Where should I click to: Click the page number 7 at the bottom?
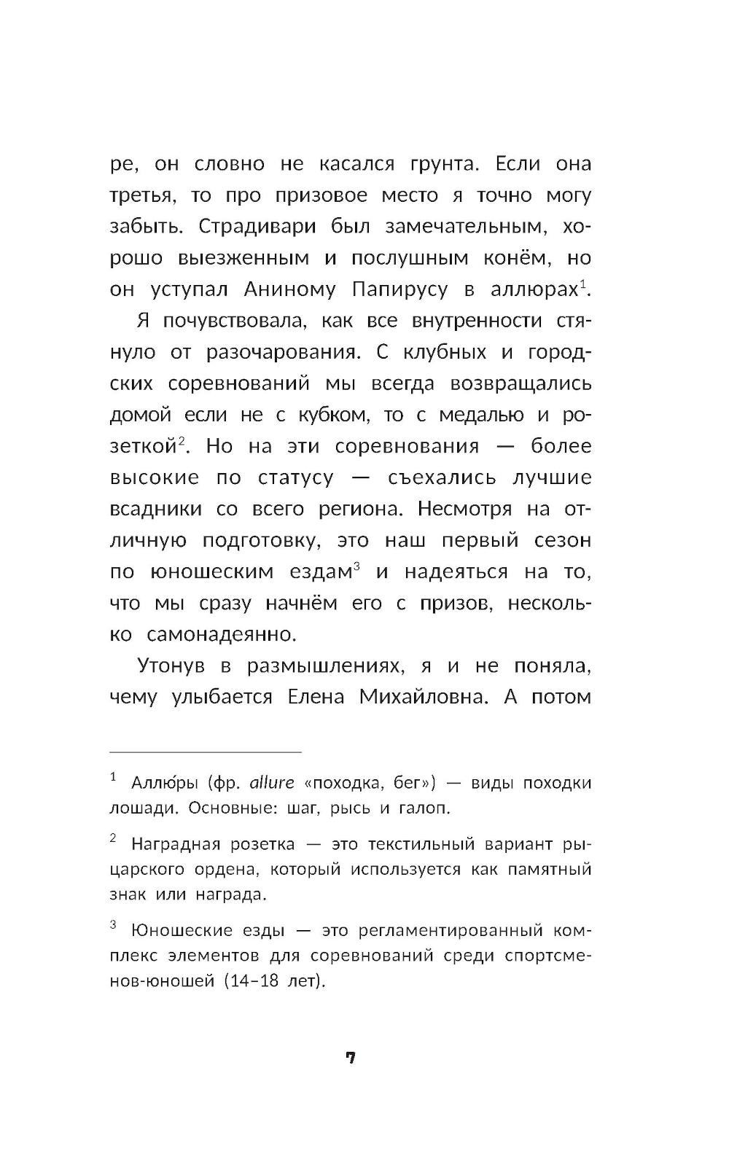point(350,1058)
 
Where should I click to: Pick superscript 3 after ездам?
point(356,566)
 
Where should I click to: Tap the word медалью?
point(482,415)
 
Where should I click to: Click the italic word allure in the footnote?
point(271,784)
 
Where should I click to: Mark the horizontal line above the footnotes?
point(205,752)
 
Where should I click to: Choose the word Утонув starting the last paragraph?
point(169,666)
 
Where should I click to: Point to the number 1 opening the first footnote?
point(113,779)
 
